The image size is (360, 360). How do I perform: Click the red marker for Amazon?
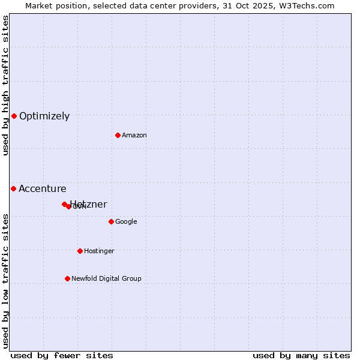click(118, 135)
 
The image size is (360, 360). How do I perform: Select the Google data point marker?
click(111, 221)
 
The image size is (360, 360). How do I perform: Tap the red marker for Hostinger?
click(80, 251)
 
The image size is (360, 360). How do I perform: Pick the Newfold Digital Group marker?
click(67, 278)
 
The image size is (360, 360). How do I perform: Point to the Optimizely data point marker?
click(14, 116)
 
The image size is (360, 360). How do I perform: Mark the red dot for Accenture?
click(13, 188)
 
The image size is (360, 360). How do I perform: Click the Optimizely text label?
click(44, 116)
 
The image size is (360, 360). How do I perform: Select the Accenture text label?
click(43, 189)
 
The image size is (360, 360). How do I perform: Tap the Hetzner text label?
click(89, 204)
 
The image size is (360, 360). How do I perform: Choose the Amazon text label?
click(134, 136)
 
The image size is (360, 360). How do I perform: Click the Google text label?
click(126, 222)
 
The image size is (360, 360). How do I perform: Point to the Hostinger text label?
click(99, 251)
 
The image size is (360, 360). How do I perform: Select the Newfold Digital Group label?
click(106, 279)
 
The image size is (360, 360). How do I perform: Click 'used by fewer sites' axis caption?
click(62, 355)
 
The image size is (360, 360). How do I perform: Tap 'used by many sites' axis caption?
click(301, 355)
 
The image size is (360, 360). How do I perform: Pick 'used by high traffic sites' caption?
click(6, 85)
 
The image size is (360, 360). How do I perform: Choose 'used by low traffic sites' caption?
click(6, 281)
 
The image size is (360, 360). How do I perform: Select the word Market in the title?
click(39, 5)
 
